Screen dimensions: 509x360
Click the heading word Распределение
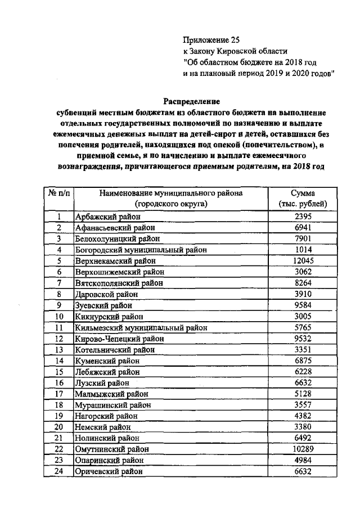(x=191, y=102)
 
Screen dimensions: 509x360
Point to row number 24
(x=58, y=472)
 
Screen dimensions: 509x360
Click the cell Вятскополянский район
(x=119, y=283)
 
